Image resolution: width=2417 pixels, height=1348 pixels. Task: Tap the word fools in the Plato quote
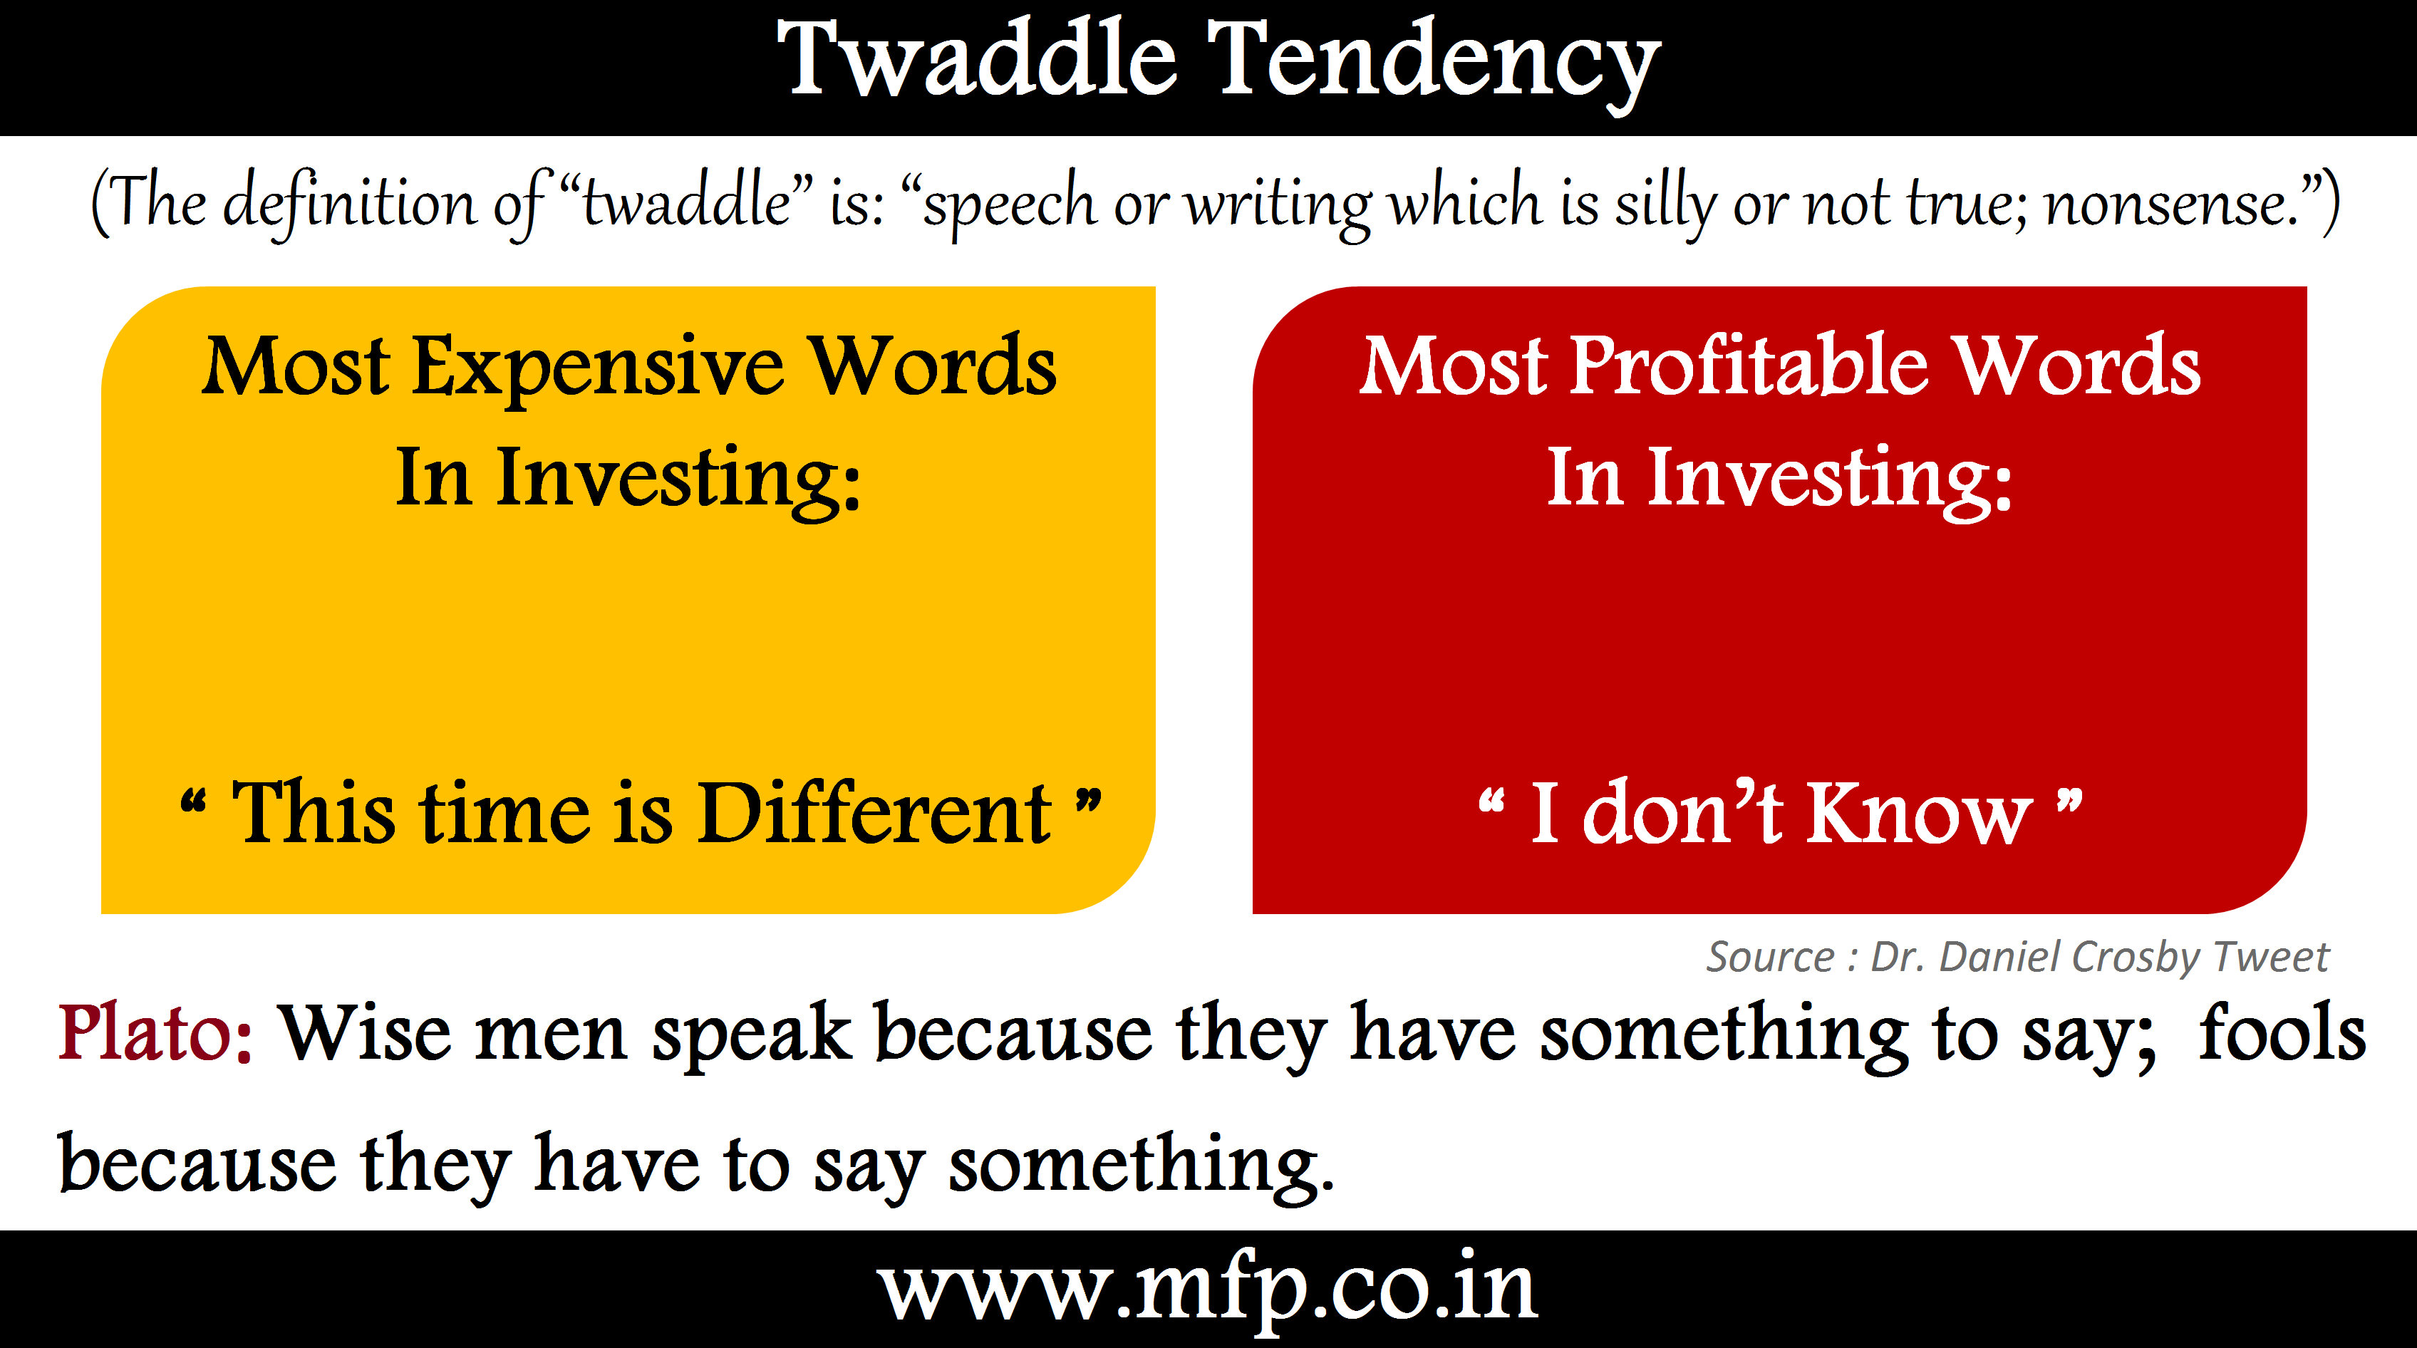2282,1031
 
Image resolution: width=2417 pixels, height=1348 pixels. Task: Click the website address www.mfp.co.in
1208,1288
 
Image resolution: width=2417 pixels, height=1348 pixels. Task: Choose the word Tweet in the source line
2271,957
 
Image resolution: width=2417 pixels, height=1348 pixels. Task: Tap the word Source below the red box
1769,958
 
